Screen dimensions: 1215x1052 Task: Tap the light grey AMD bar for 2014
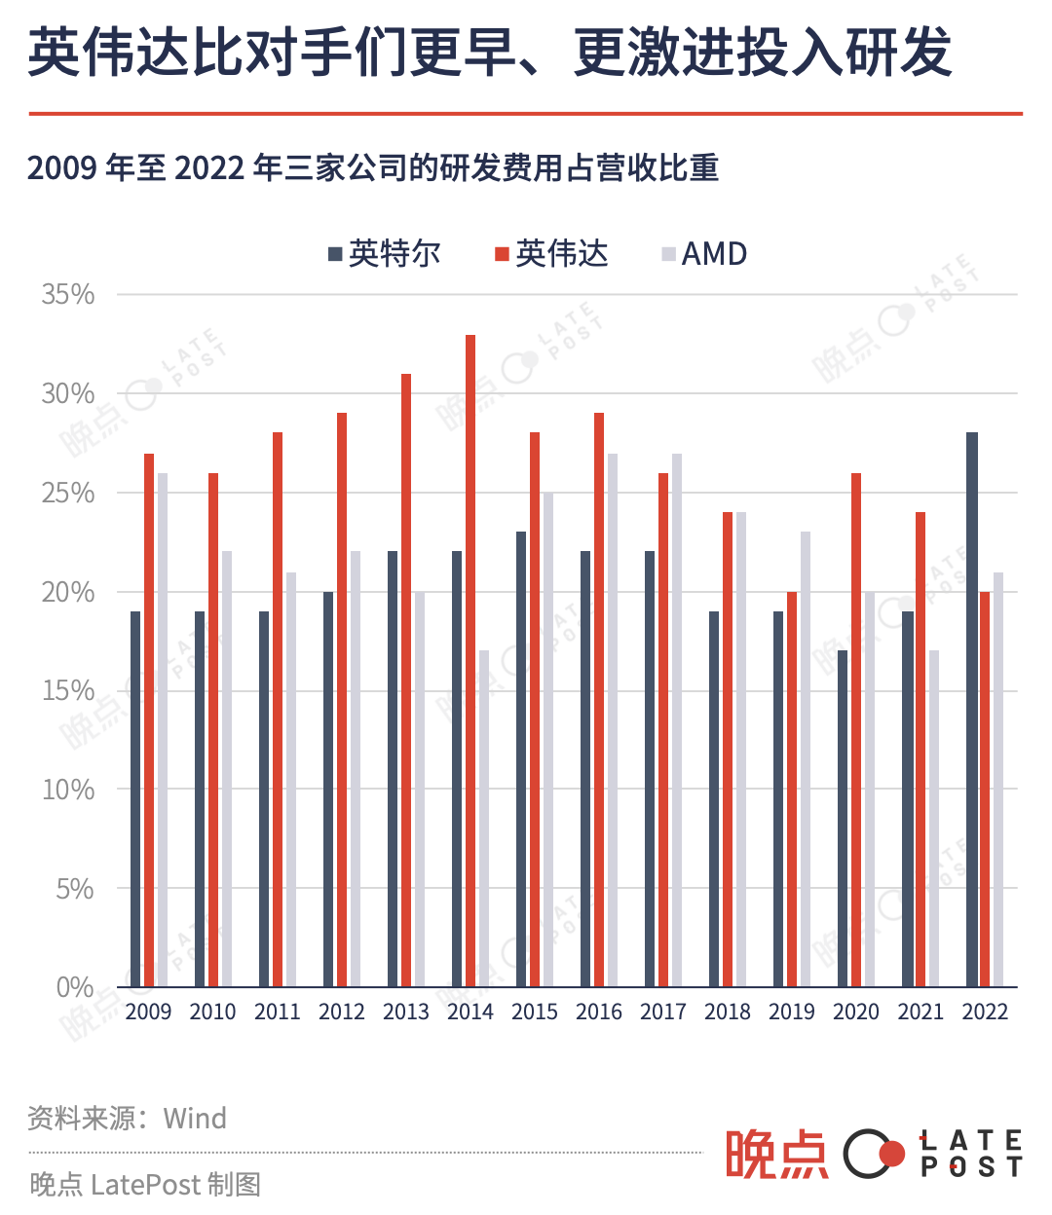click(x=484, y=818)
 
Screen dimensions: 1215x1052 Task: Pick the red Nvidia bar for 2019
click(x=792, y=789)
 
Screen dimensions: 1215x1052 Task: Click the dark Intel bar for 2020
click(x=843, y=818)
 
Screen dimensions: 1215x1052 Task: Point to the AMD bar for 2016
click(x=613, y=719)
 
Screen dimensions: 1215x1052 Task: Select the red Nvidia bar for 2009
click(x=149, y=719)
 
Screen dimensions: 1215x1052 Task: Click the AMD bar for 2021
click(x=934, y=818)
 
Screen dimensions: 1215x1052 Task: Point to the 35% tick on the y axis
click(x=68, y=294)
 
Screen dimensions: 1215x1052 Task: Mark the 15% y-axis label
click(x=68, y=691)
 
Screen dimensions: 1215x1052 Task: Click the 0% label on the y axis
click(x=74, y=987)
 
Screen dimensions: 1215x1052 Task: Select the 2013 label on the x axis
click(x=406, y=1012)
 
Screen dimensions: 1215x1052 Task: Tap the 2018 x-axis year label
click(x=728, y=1012)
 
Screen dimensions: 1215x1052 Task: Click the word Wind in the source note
click(x=195, y=1118)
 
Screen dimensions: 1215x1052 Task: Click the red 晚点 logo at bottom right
click(x=776, y=1155)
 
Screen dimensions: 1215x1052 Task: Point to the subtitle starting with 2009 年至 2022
click(x=372, y=168)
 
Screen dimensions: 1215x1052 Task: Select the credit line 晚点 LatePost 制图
click(x=145, y=1184)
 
